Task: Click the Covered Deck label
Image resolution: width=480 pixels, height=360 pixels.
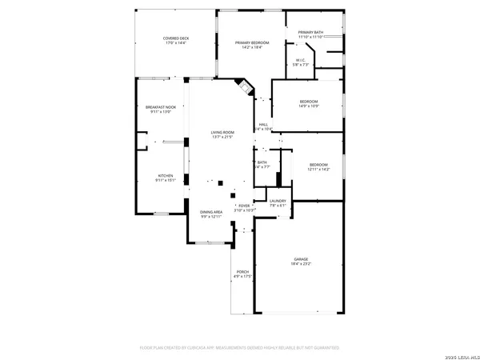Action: coord(175,38)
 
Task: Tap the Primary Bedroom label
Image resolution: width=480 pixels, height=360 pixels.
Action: coord(251,42)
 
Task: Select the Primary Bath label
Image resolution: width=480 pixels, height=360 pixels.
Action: coord(310,32)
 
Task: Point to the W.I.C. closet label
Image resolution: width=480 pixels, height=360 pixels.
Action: coord(301,60)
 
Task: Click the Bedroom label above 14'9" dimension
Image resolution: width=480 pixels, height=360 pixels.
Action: coord(309,102)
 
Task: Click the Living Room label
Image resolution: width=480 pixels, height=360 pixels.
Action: coord(222,132)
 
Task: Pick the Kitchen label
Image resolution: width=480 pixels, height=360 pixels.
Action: coord(166,175)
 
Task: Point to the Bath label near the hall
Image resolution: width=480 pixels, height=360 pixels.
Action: coord(262,162)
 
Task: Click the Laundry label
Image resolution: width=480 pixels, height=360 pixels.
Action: coord(278,201)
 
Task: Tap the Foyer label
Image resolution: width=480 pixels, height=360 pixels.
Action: coord(244,206)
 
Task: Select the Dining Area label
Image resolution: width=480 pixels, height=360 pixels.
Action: coord(211,212)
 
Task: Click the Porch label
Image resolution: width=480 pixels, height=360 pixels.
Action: coord(242,272)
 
